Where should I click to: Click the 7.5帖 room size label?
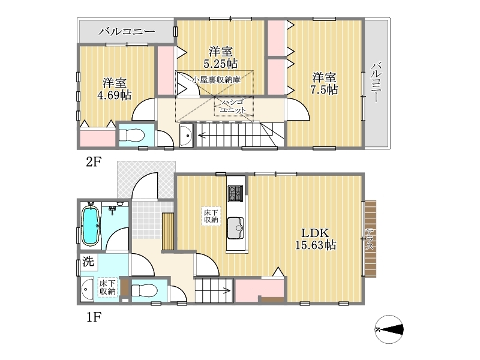coord(325,89)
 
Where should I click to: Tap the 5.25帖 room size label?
coord(220,64)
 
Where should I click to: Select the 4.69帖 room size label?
coord(114,95)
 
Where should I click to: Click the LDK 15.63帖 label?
coord(316,239)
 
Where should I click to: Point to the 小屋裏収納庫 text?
coord(217,80)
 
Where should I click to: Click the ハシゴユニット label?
coord(233,106)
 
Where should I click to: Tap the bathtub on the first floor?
coord(91,226)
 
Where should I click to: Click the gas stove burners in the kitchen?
coord(235,193)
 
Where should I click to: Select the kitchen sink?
coord(235,229)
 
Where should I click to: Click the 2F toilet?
coord(131,135)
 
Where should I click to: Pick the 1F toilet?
coord(145,290)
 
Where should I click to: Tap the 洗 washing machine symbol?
coord(88,262)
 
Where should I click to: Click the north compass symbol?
coord(389,329)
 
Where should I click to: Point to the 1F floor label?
coord(94,317)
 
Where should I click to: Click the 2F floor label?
coord(94,161)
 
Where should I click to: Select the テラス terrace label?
coord(370,239)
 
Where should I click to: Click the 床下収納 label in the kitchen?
coord(211,216)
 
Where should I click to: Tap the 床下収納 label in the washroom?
coord(108,287)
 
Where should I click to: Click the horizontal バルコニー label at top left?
coord(127,31)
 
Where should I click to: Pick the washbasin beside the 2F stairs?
coord(187,135)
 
